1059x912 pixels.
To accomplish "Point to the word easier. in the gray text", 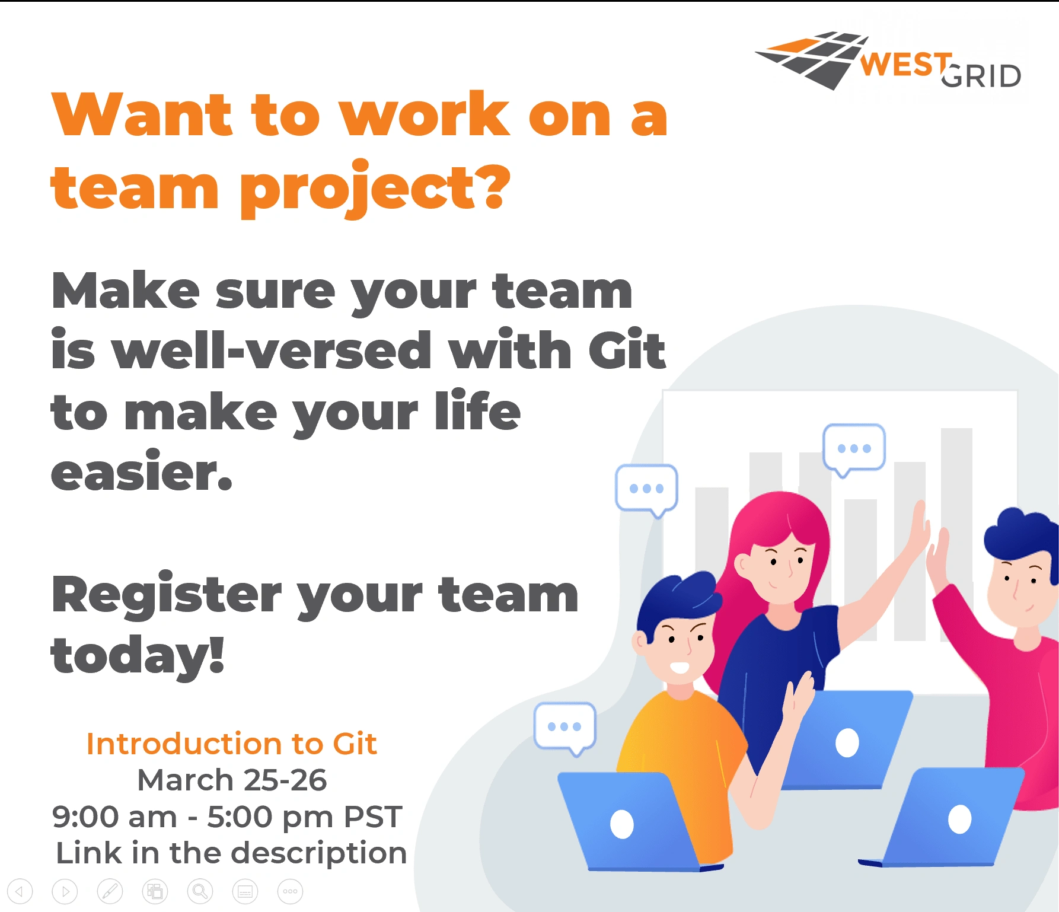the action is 142,471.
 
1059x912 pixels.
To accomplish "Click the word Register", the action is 167,595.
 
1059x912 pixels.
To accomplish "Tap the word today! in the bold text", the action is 138,656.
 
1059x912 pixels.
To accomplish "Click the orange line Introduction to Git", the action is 232,744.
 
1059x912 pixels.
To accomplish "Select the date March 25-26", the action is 232,780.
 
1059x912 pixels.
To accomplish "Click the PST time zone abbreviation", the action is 373,817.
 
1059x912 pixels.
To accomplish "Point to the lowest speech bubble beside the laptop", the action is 565,729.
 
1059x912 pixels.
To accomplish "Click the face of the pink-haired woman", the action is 780,566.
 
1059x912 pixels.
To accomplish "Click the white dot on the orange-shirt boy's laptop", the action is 622,824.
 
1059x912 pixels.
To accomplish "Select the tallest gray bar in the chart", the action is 956,534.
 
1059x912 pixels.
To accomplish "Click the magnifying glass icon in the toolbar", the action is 200,891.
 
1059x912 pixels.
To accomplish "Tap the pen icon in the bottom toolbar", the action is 110,891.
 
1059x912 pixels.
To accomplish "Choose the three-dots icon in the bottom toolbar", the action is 290,891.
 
